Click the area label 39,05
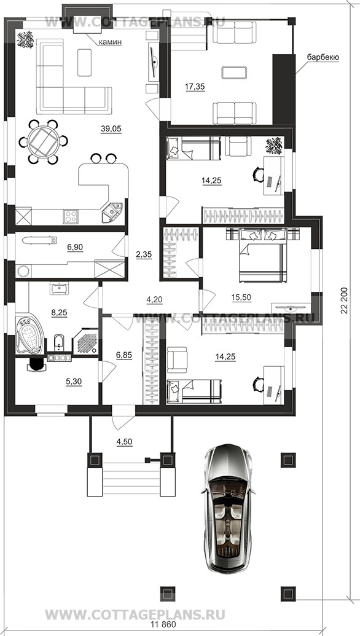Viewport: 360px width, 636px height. (111, 129)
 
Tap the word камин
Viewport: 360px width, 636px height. (110, 42)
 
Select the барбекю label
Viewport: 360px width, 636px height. (323, 58)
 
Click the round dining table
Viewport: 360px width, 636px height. (43, 141)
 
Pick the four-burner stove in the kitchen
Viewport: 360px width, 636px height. (70, 216)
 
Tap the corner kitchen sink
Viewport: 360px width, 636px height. (111, 211)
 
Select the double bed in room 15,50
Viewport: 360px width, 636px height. (263, 254)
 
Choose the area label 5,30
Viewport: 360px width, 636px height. (74, 382)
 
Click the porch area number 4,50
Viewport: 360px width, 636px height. (125, 441)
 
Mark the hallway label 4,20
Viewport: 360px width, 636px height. (154, 300)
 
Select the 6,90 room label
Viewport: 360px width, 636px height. (75, 247)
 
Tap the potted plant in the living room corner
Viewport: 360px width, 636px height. (26, 39)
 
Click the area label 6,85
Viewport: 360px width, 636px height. (124, 355)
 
